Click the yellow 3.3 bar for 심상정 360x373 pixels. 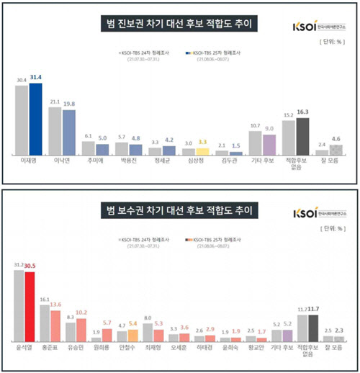(204, 152)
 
